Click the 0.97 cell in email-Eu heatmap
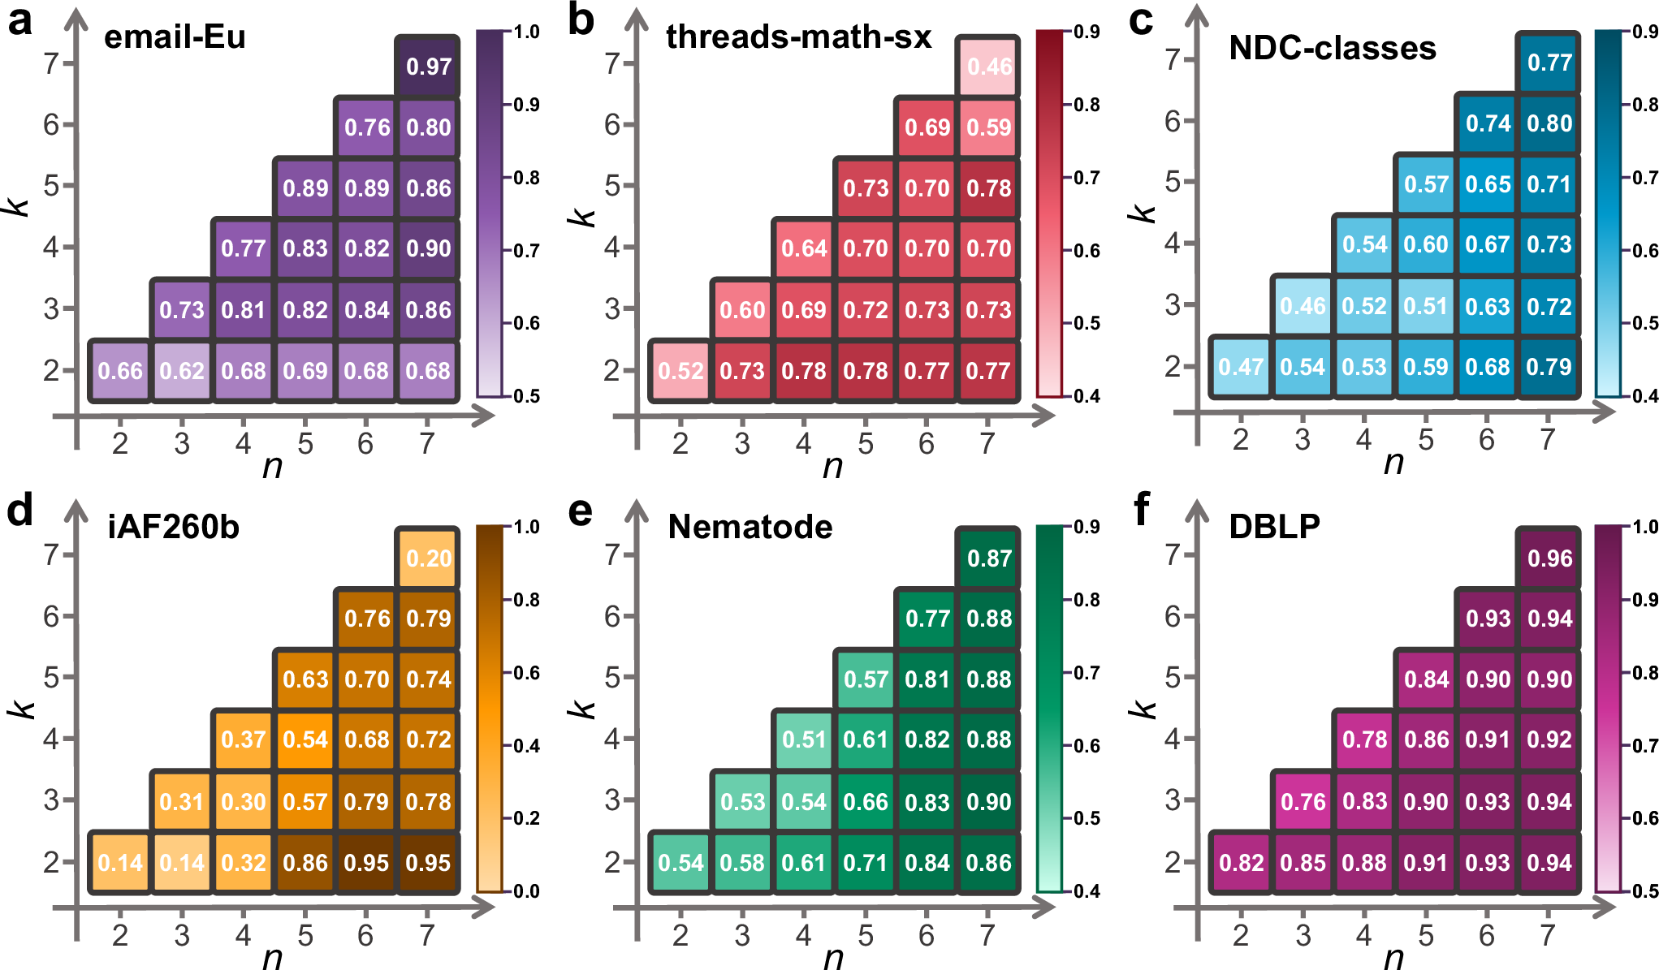tap(428, 67)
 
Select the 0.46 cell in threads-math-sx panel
tap(988, 67)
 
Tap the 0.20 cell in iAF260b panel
tap(428, 558)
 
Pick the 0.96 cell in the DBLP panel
tap(1549, 558)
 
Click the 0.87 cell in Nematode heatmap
tap(988, 558)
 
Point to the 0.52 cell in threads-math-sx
tap(680, 371)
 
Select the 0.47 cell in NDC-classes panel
tap(1240, 367)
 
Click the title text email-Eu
tap(175, 37)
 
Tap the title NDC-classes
tap(1333, 49)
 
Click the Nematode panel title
tap(750, 528)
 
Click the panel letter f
tap(1140, 510)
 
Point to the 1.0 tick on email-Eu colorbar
tap(527, 32)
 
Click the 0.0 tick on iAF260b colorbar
tap(527, 891)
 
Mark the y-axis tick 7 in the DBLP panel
tap(1172, 555)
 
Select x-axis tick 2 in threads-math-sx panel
tap(680, 444)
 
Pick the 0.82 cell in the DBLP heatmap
tap(1241, 863)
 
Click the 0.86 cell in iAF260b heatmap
tap(305, 863)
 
